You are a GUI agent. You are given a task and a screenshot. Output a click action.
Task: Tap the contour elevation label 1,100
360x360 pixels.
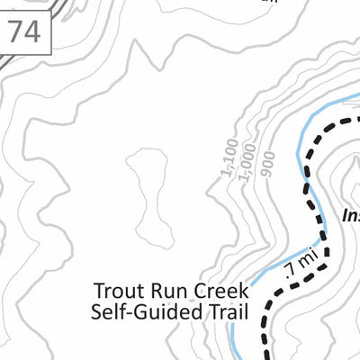[x=229, y=157]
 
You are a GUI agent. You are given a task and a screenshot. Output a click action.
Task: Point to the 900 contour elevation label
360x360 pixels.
[x=266, y=163]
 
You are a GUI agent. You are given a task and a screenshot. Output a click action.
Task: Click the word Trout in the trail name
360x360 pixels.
[x=117, y=292]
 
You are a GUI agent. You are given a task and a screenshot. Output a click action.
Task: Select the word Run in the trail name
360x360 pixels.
[x=163, y=292]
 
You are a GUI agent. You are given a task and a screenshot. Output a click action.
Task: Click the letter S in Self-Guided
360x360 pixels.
[x=96, y=312]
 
